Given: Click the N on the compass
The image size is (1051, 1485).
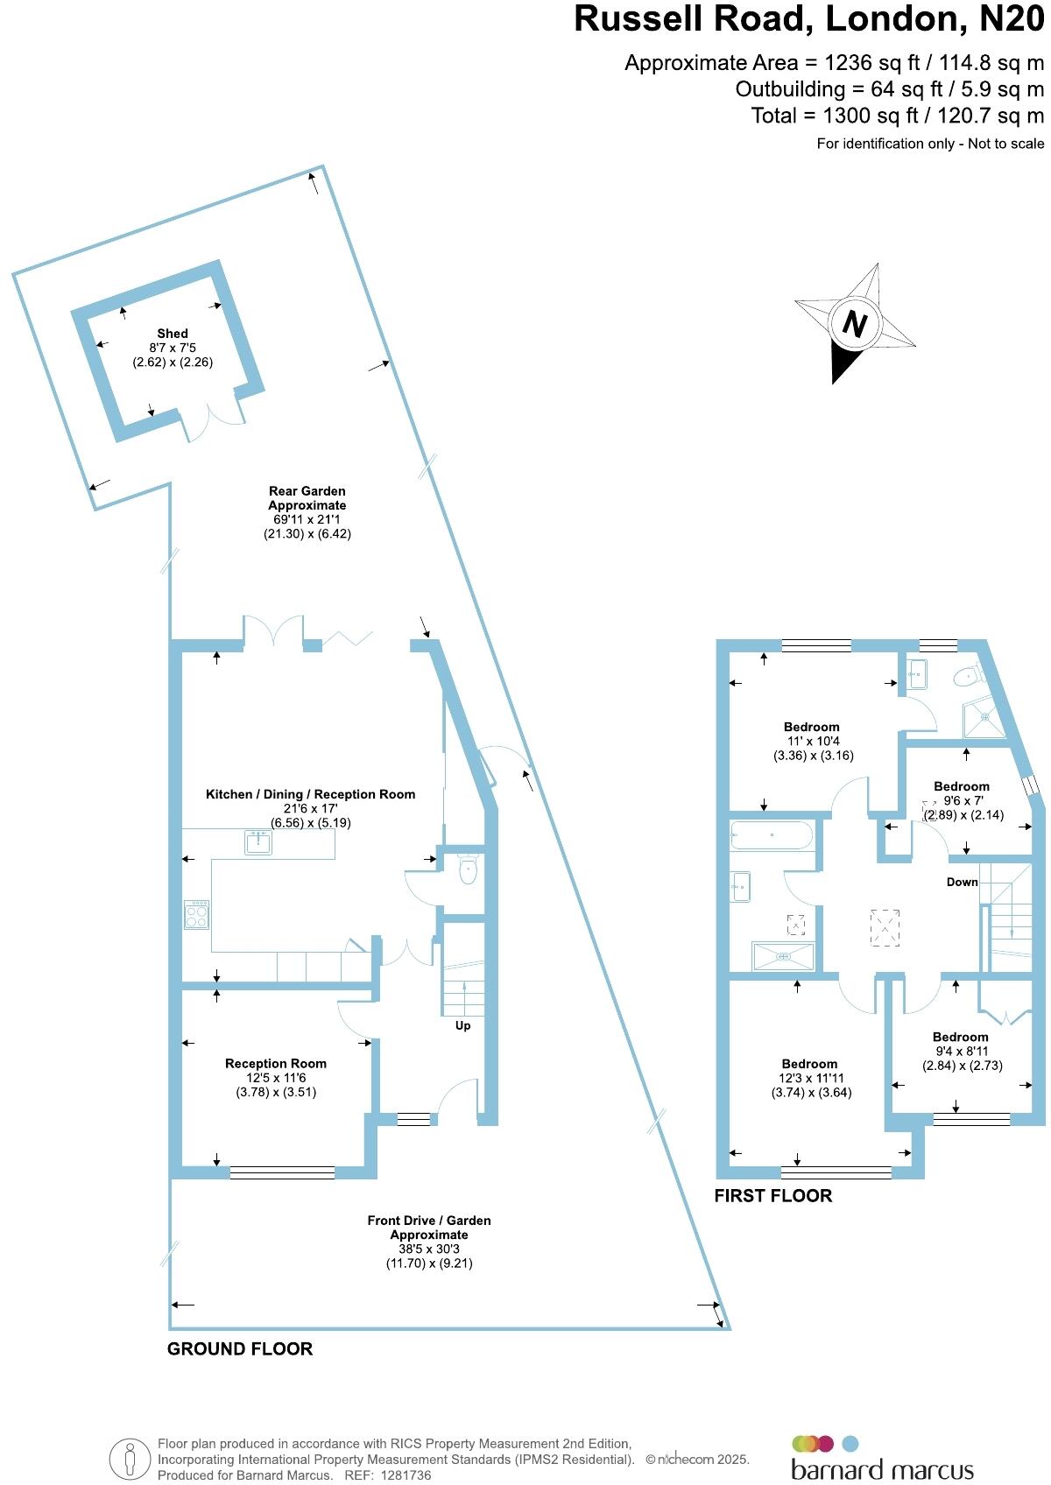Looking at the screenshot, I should (854, 324).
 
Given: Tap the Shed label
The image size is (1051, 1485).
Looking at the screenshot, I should (173, 334).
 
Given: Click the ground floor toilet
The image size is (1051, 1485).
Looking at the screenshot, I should (467, 870).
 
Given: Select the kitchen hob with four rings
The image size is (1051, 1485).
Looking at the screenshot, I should (197, 915).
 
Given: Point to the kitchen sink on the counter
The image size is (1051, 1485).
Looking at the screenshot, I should (258, 843).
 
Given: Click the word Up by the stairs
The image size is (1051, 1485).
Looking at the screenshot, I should (462, 1025).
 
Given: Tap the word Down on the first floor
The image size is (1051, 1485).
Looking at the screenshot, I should (962, 882).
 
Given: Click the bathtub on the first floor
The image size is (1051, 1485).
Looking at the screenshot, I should (771, 835).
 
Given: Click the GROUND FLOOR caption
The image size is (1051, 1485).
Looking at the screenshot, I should (240, 1349).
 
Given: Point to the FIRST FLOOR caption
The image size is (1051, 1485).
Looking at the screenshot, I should (773, 1196).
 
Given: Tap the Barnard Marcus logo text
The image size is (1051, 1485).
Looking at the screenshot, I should (882, 1469).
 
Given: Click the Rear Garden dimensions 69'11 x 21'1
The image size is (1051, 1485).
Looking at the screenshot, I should (307, 519).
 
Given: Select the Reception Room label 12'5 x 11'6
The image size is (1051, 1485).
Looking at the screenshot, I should (276, 1078).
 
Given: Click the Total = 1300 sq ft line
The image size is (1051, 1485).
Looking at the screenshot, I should (897, 116).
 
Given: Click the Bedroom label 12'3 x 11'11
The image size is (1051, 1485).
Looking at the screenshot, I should (810, 1078).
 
